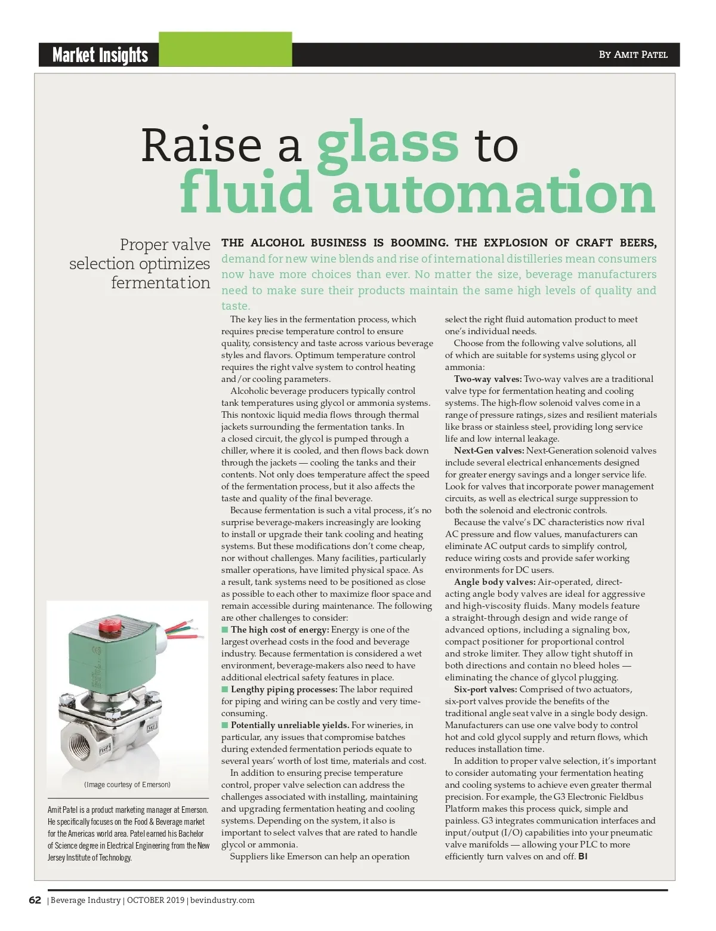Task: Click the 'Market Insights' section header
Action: click(100, 55)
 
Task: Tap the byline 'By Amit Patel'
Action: click(633, 54)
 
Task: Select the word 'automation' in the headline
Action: click(493, 192)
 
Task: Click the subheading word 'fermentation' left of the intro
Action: click(161, 282)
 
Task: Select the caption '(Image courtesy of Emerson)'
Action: click(127, 784)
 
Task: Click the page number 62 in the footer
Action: click(35, 900)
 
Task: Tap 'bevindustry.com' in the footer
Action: click(223, 900)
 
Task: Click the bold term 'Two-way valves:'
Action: click(487, 379)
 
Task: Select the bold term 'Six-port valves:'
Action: click(485, 689)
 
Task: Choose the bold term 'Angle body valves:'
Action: click(494, 582)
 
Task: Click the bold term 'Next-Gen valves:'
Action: click(489, 451)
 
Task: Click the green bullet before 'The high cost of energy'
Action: click(225, 630)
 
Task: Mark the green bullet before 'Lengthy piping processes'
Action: click(225, 689)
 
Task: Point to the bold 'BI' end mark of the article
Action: click(583, 856)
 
